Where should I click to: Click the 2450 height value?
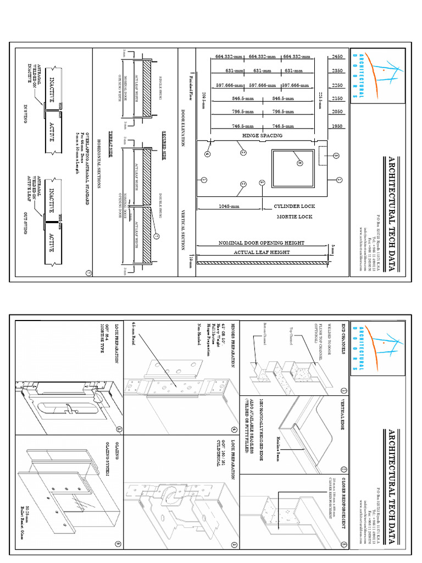tap(337, 57)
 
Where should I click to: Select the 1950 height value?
tap(337, 126)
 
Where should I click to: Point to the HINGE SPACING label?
tap(262, 135)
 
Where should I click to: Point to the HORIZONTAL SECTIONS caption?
tap(99, 165)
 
